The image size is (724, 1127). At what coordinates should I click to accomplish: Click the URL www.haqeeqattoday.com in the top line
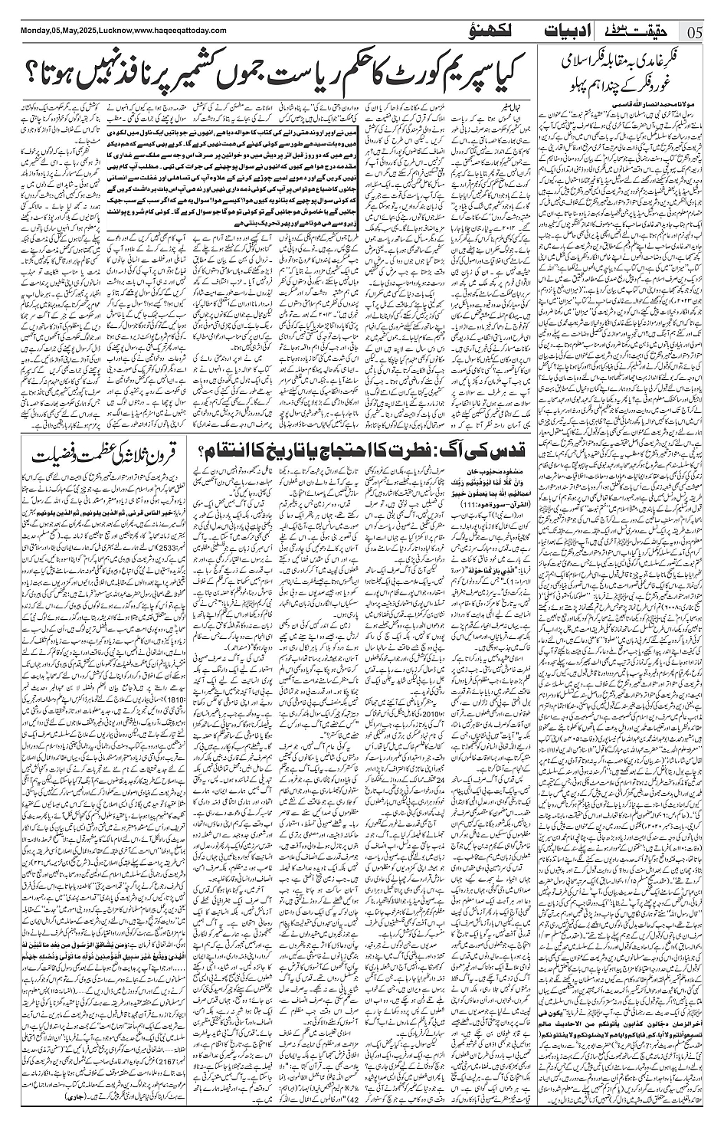[x=185, y=29]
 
